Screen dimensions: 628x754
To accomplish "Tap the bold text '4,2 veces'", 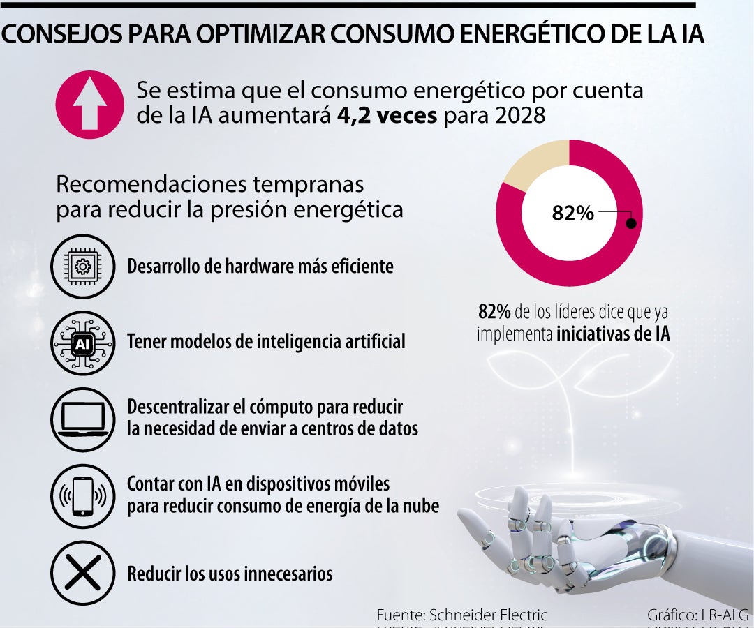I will [387, 115].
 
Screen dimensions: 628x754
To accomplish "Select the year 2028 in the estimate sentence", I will [517, 115].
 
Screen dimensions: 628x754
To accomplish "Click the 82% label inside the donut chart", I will [572, 213].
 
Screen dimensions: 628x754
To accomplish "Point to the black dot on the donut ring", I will [630, 224].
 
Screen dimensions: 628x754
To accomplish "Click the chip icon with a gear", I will [82, 266].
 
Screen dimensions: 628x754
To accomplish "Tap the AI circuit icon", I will [82, 343].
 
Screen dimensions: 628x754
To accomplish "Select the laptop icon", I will [82, 419].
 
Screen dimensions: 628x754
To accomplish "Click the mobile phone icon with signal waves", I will [82, 495].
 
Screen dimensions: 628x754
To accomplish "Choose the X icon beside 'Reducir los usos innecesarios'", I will [82, 574].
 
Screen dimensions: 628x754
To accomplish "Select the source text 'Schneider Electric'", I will [488, 615].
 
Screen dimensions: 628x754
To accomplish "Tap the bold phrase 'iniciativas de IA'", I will [613, 334].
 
